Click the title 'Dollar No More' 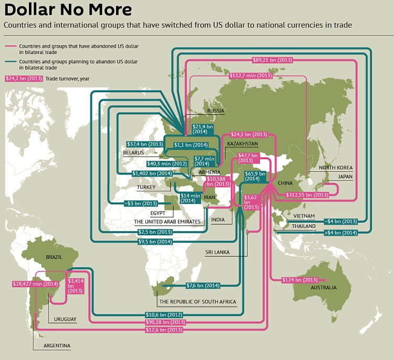pos(68,10)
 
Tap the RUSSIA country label pos(216,111)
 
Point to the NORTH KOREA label pos(335,168)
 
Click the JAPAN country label pos(345,177)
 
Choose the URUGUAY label pos(65,319)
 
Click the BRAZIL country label pos(54,258)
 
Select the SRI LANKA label pos(219,252)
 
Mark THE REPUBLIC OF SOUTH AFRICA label pos(197,302)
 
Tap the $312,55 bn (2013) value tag pos(307,194)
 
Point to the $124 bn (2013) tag pos(300,280)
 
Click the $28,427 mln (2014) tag pos(35,283)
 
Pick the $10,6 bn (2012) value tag pos(164,314)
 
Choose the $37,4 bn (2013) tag pos(145,144)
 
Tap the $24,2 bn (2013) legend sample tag pos(24,79)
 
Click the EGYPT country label pos(158,213)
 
